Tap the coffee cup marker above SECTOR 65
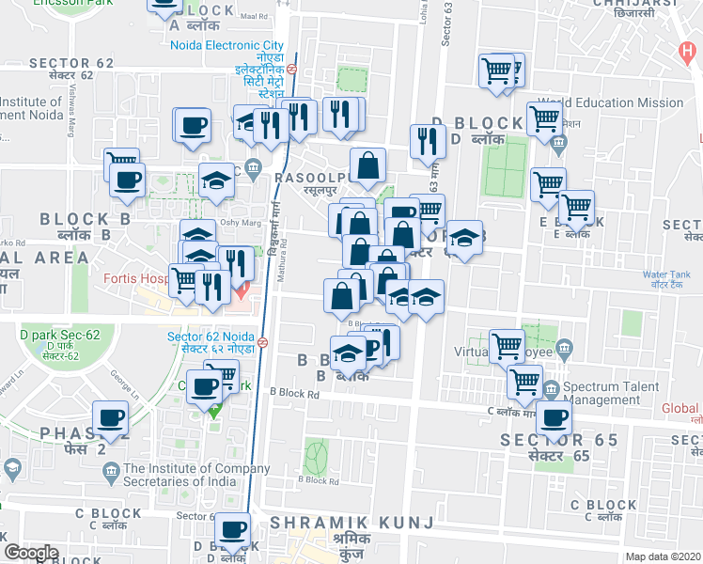coord(555,418)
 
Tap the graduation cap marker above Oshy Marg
coord(216,180)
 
